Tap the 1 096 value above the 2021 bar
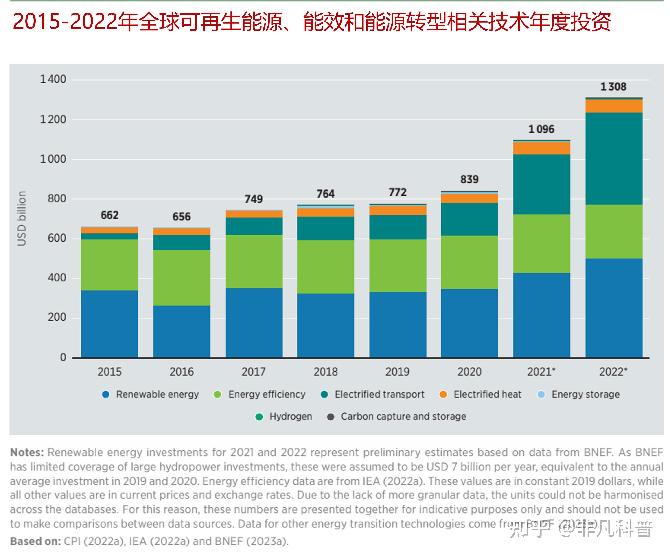click(541, 129)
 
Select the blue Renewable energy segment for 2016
click(182, 331)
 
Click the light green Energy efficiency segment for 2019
click(398, 266)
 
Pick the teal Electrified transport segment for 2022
click(613, 159)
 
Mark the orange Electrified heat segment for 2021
click(541, 148)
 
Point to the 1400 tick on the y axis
click(53, 79)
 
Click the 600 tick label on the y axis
click(57, 238)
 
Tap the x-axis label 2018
click(325, 372)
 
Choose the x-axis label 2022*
click(613, 372)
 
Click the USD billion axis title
click(21, 218)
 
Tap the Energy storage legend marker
click(541, 395)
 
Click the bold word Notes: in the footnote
click(27, 452)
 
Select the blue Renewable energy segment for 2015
click(109, 324)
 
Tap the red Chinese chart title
click(311, 22)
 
